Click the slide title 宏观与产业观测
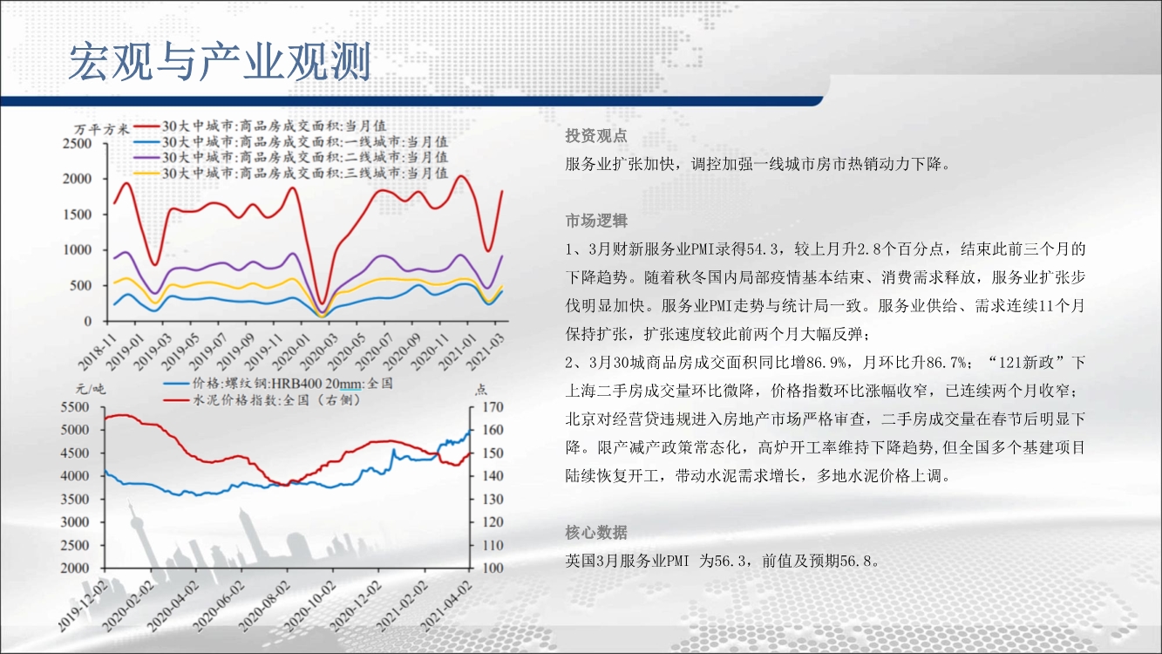click(220, 62)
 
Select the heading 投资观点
click(596, 136)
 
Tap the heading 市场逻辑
click(596, 221)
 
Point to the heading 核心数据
click(596, 532)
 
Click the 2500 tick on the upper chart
click(77, 143)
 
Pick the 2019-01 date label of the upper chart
click(126, 352)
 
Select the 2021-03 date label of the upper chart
click(486, 352)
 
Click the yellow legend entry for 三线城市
click(291, 173)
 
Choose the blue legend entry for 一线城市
click(291, 141)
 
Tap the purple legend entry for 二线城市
click(291, 157)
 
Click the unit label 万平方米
click(101, 129)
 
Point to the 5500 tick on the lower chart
click(75, 407)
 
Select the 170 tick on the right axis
click(493, 407)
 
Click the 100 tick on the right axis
click(493, 568)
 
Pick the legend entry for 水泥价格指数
click(262, 400)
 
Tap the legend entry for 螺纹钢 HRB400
click(278, 384)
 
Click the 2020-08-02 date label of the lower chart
click(263, 606)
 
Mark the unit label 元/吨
click(91, 389)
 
